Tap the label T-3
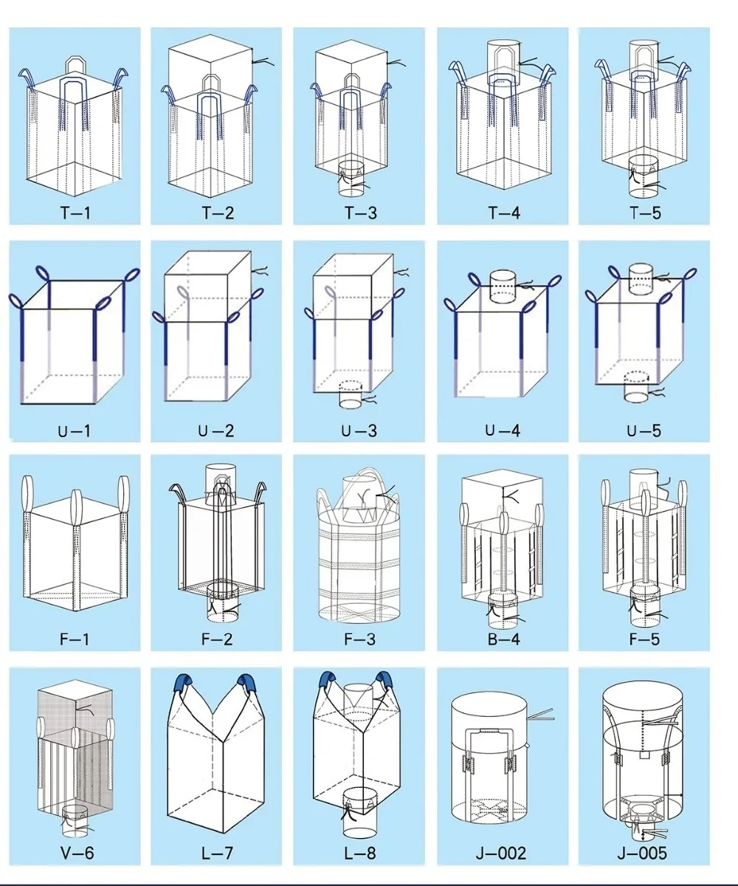click(360, 214)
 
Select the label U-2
click(218, 430)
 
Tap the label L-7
click(218, 854)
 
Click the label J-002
click(502, 854)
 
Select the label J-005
click(642, 854)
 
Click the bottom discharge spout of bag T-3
click(352, 181)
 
